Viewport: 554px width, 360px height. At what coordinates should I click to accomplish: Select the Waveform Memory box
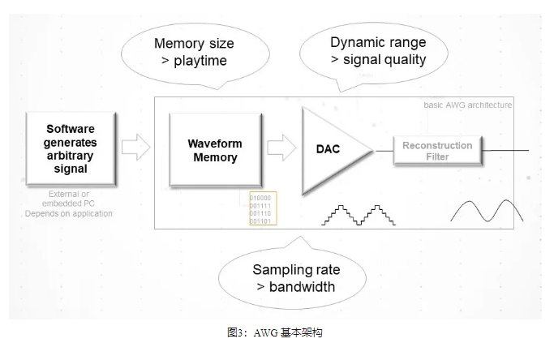click(x=215, y=151)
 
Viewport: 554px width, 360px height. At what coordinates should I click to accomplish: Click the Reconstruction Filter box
click(x=437, y=151)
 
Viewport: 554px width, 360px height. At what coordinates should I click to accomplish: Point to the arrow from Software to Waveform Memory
click(x=135, y=147)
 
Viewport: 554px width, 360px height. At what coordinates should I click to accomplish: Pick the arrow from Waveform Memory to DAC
click(x=281, y=148)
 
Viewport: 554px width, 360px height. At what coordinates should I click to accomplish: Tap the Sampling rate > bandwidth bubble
click(x=295, y=278)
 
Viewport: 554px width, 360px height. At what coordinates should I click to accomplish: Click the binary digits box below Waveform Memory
click(x=261, y=208)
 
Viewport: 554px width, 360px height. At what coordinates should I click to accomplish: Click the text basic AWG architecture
click(x=467, y=105)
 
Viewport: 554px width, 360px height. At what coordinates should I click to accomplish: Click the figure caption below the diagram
click(x=276, y=332)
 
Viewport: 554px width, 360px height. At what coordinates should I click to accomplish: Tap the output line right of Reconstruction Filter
click(x=508, y=150)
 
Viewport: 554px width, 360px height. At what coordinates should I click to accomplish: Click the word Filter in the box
click(x=437, y=156)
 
